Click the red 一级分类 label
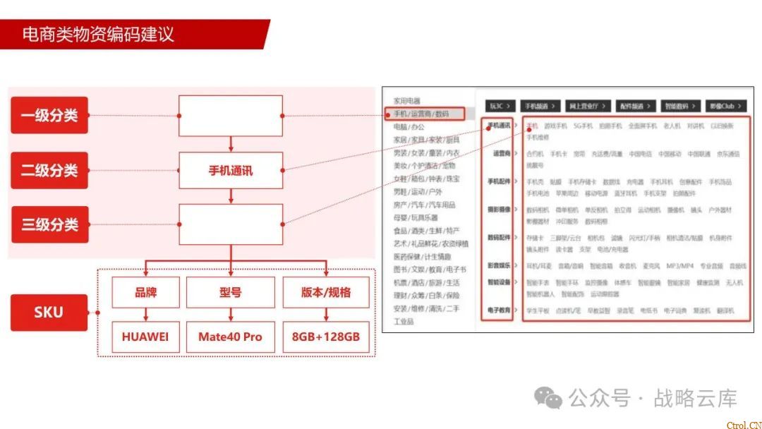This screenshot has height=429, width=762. pyautogui.click(x=49, y=115)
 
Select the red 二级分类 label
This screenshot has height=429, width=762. pyautogui.click(x=49, y=170)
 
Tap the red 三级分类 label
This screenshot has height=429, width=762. pyautogui.click(x=49, y=224)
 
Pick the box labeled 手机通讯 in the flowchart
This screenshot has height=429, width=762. pyautogui.click(x=231, y=170)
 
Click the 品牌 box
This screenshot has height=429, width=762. pyautogui.click(x=145, y=292)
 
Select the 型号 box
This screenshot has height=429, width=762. pyautogui.click(x=231, y=292)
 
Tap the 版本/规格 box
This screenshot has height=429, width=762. pyautogui.click(x=325, y=292)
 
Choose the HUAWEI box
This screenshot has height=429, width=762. pyautogui.click(x=145, y=337)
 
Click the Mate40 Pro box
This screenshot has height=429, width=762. pyautogui.click(x=231, y=337)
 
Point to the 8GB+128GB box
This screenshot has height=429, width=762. pyautogui.click(x=325, y=337)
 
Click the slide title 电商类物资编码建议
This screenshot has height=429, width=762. pyautogui.click(x=98, y=34)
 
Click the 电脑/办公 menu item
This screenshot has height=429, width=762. pyautogui.click(x=409, y=127)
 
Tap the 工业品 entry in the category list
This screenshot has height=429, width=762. pyautogui.click(x=404, y=322)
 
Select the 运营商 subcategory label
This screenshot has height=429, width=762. pyautogui.click(x=502, y=153)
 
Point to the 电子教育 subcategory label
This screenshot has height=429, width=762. pyautogui.click(x=499, y=310)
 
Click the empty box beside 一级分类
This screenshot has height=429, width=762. pyautogui.click(x=231, y=115)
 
